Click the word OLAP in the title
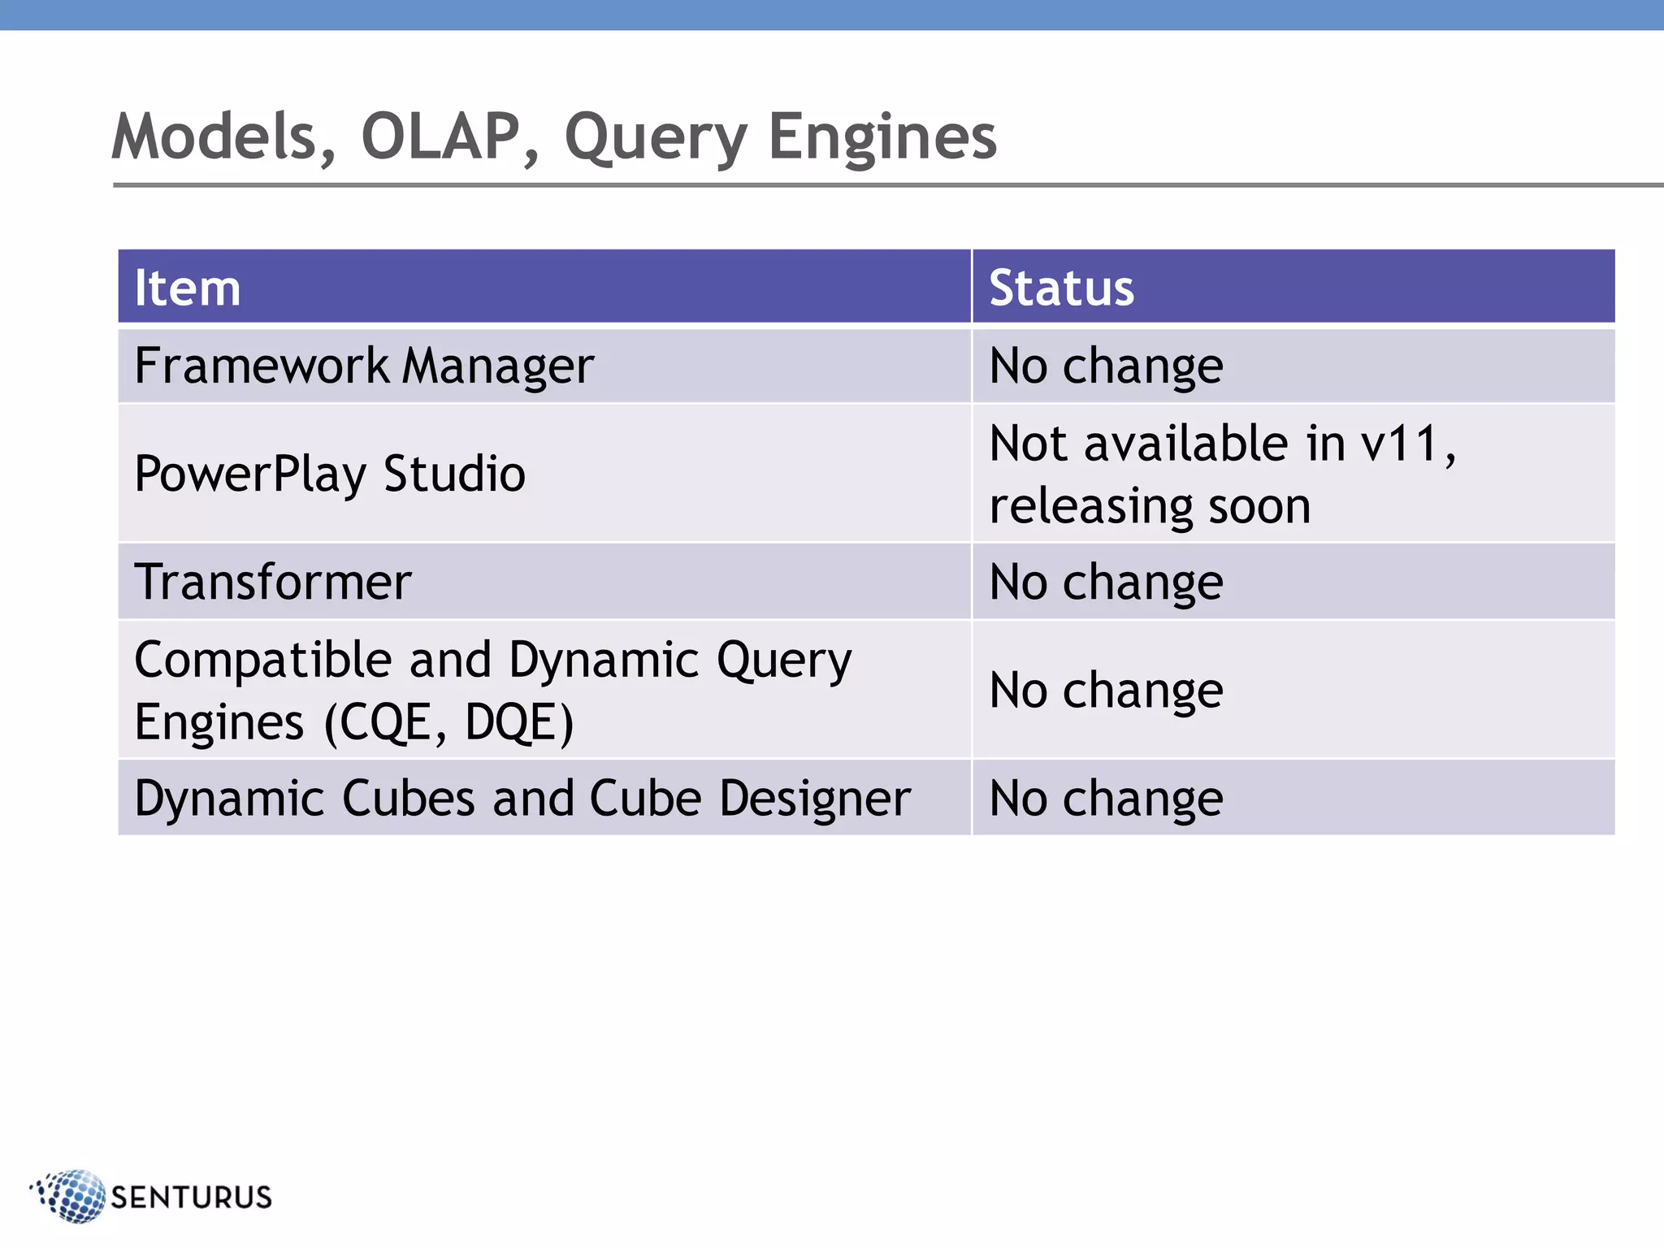439,136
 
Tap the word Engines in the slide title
882,136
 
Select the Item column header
188,288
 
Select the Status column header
1061,288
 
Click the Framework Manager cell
364,366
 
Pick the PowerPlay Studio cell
330,474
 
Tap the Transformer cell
273,582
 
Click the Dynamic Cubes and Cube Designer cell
522,798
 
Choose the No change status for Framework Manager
1106,366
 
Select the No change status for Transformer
1106,582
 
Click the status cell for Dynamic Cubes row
1106,798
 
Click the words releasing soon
1150,506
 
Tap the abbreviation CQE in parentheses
385,722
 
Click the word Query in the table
783,660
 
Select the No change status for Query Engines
1106,691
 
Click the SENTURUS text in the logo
192,1197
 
